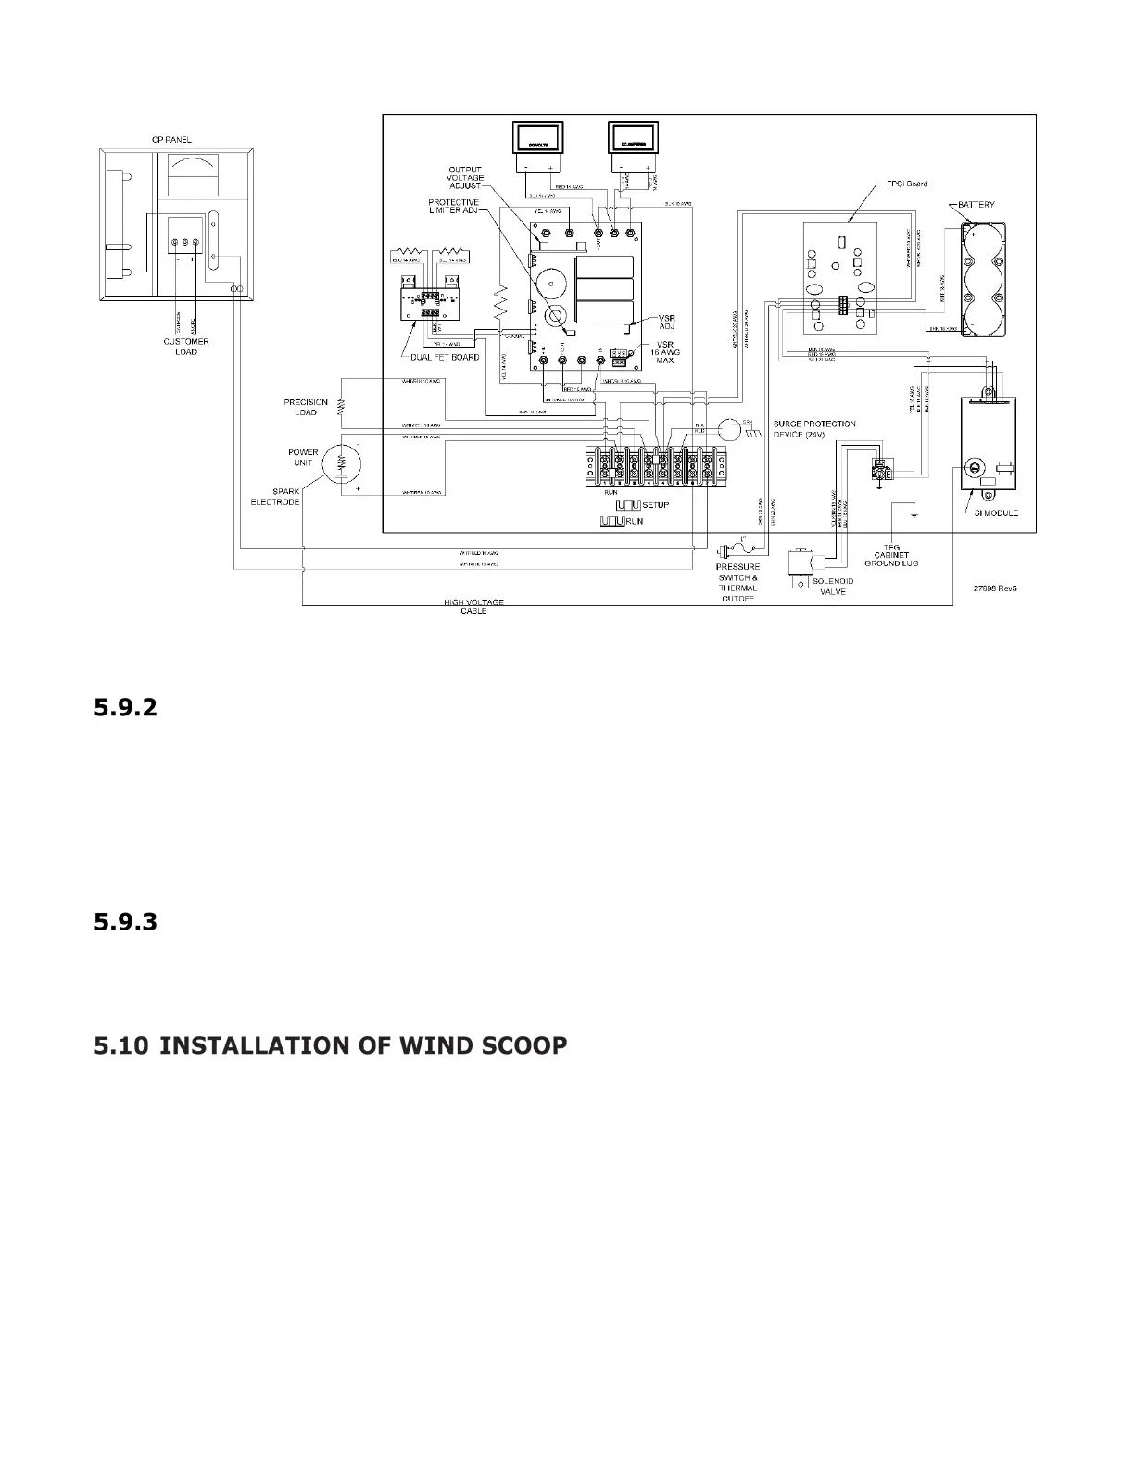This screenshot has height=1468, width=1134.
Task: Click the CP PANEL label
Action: pos(172,140)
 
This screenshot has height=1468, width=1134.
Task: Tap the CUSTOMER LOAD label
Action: pos(186,347)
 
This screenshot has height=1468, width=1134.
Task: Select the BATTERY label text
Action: pos(976,204)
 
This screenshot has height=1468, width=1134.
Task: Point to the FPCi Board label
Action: pos(905,183)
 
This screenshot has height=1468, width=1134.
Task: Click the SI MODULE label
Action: pos(996,513)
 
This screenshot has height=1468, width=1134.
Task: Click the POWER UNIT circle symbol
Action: pos(339,461)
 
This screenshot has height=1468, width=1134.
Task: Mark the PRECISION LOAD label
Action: pos(306,407)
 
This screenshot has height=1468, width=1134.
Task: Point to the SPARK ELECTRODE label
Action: pos(275,497)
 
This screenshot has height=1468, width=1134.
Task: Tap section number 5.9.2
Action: pos(125,708)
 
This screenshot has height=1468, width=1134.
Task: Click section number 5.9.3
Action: pos(125,922)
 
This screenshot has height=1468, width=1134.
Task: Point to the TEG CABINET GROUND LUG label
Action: pos(891,555)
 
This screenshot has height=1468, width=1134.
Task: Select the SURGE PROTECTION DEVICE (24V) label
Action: pos(814,429)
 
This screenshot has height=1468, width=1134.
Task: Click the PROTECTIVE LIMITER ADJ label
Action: pos(453,206)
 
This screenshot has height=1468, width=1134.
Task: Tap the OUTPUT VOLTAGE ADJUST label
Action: pos(465,178)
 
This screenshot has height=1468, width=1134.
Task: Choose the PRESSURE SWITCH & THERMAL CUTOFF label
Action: pos(737,582)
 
